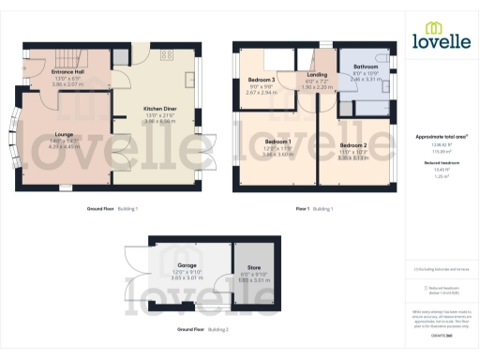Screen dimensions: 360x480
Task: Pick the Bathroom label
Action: (366, 67)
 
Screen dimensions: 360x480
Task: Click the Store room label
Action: (254, 266)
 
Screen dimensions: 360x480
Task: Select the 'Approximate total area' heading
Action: (442, 136)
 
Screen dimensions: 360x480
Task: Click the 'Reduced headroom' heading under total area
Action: (441, 161)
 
